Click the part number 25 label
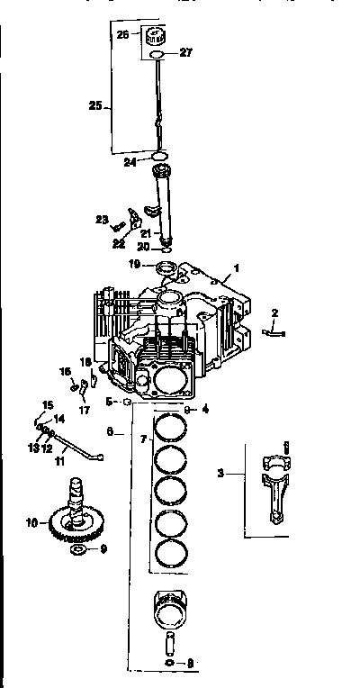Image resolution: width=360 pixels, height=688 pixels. pyautogui.click(x=94, y=104)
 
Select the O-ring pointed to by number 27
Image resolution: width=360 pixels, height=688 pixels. pyautogui.click(x=157, y=55)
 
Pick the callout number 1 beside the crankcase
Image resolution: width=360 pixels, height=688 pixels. pyautogui.click(x=237, y=267)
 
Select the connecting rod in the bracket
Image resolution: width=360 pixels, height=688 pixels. pyautogui.click(x=275, y=487)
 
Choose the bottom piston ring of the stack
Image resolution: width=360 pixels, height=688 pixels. pyautogui.click(x=171, y=552)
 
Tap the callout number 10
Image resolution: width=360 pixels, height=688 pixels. pyautogui.click(x=31, y=522)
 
